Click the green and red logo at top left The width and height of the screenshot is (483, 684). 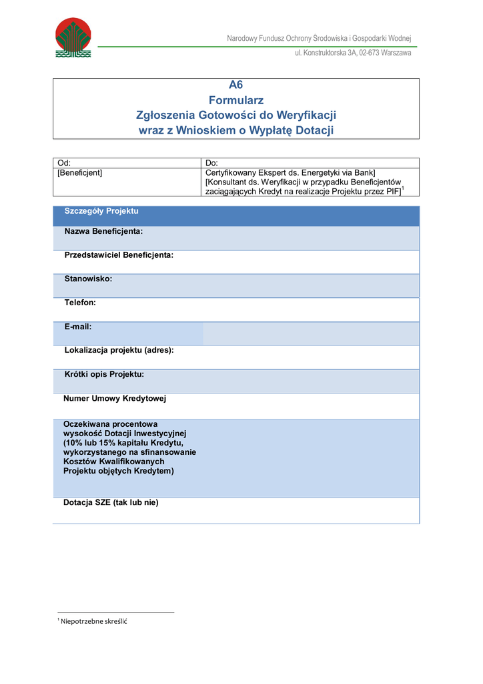(73, 37)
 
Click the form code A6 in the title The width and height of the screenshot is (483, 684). (236, 85)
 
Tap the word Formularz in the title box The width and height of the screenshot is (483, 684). (236, 100)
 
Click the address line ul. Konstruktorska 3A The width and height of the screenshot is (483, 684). (353, 53)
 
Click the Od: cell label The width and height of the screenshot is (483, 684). (64, 163)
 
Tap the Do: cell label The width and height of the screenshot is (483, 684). (211, 163)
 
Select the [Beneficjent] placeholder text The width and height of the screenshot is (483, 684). (80, 172)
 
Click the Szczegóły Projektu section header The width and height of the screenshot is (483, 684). (101, 211)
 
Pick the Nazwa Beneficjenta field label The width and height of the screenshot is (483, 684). (103, 231)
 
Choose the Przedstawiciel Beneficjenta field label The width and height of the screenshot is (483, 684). (119, 255)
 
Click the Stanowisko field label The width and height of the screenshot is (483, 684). (88, 279)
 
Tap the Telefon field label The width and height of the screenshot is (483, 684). (80, 303)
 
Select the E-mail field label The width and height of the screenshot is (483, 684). (78, 327)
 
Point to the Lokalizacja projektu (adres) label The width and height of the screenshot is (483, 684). (119, 350)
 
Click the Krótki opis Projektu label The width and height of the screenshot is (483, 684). (104, 374)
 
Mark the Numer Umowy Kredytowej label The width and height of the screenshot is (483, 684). (115, 399)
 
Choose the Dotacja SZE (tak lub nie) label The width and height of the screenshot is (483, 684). (111, 502)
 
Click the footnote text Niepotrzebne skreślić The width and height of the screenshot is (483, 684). (93, 622)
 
